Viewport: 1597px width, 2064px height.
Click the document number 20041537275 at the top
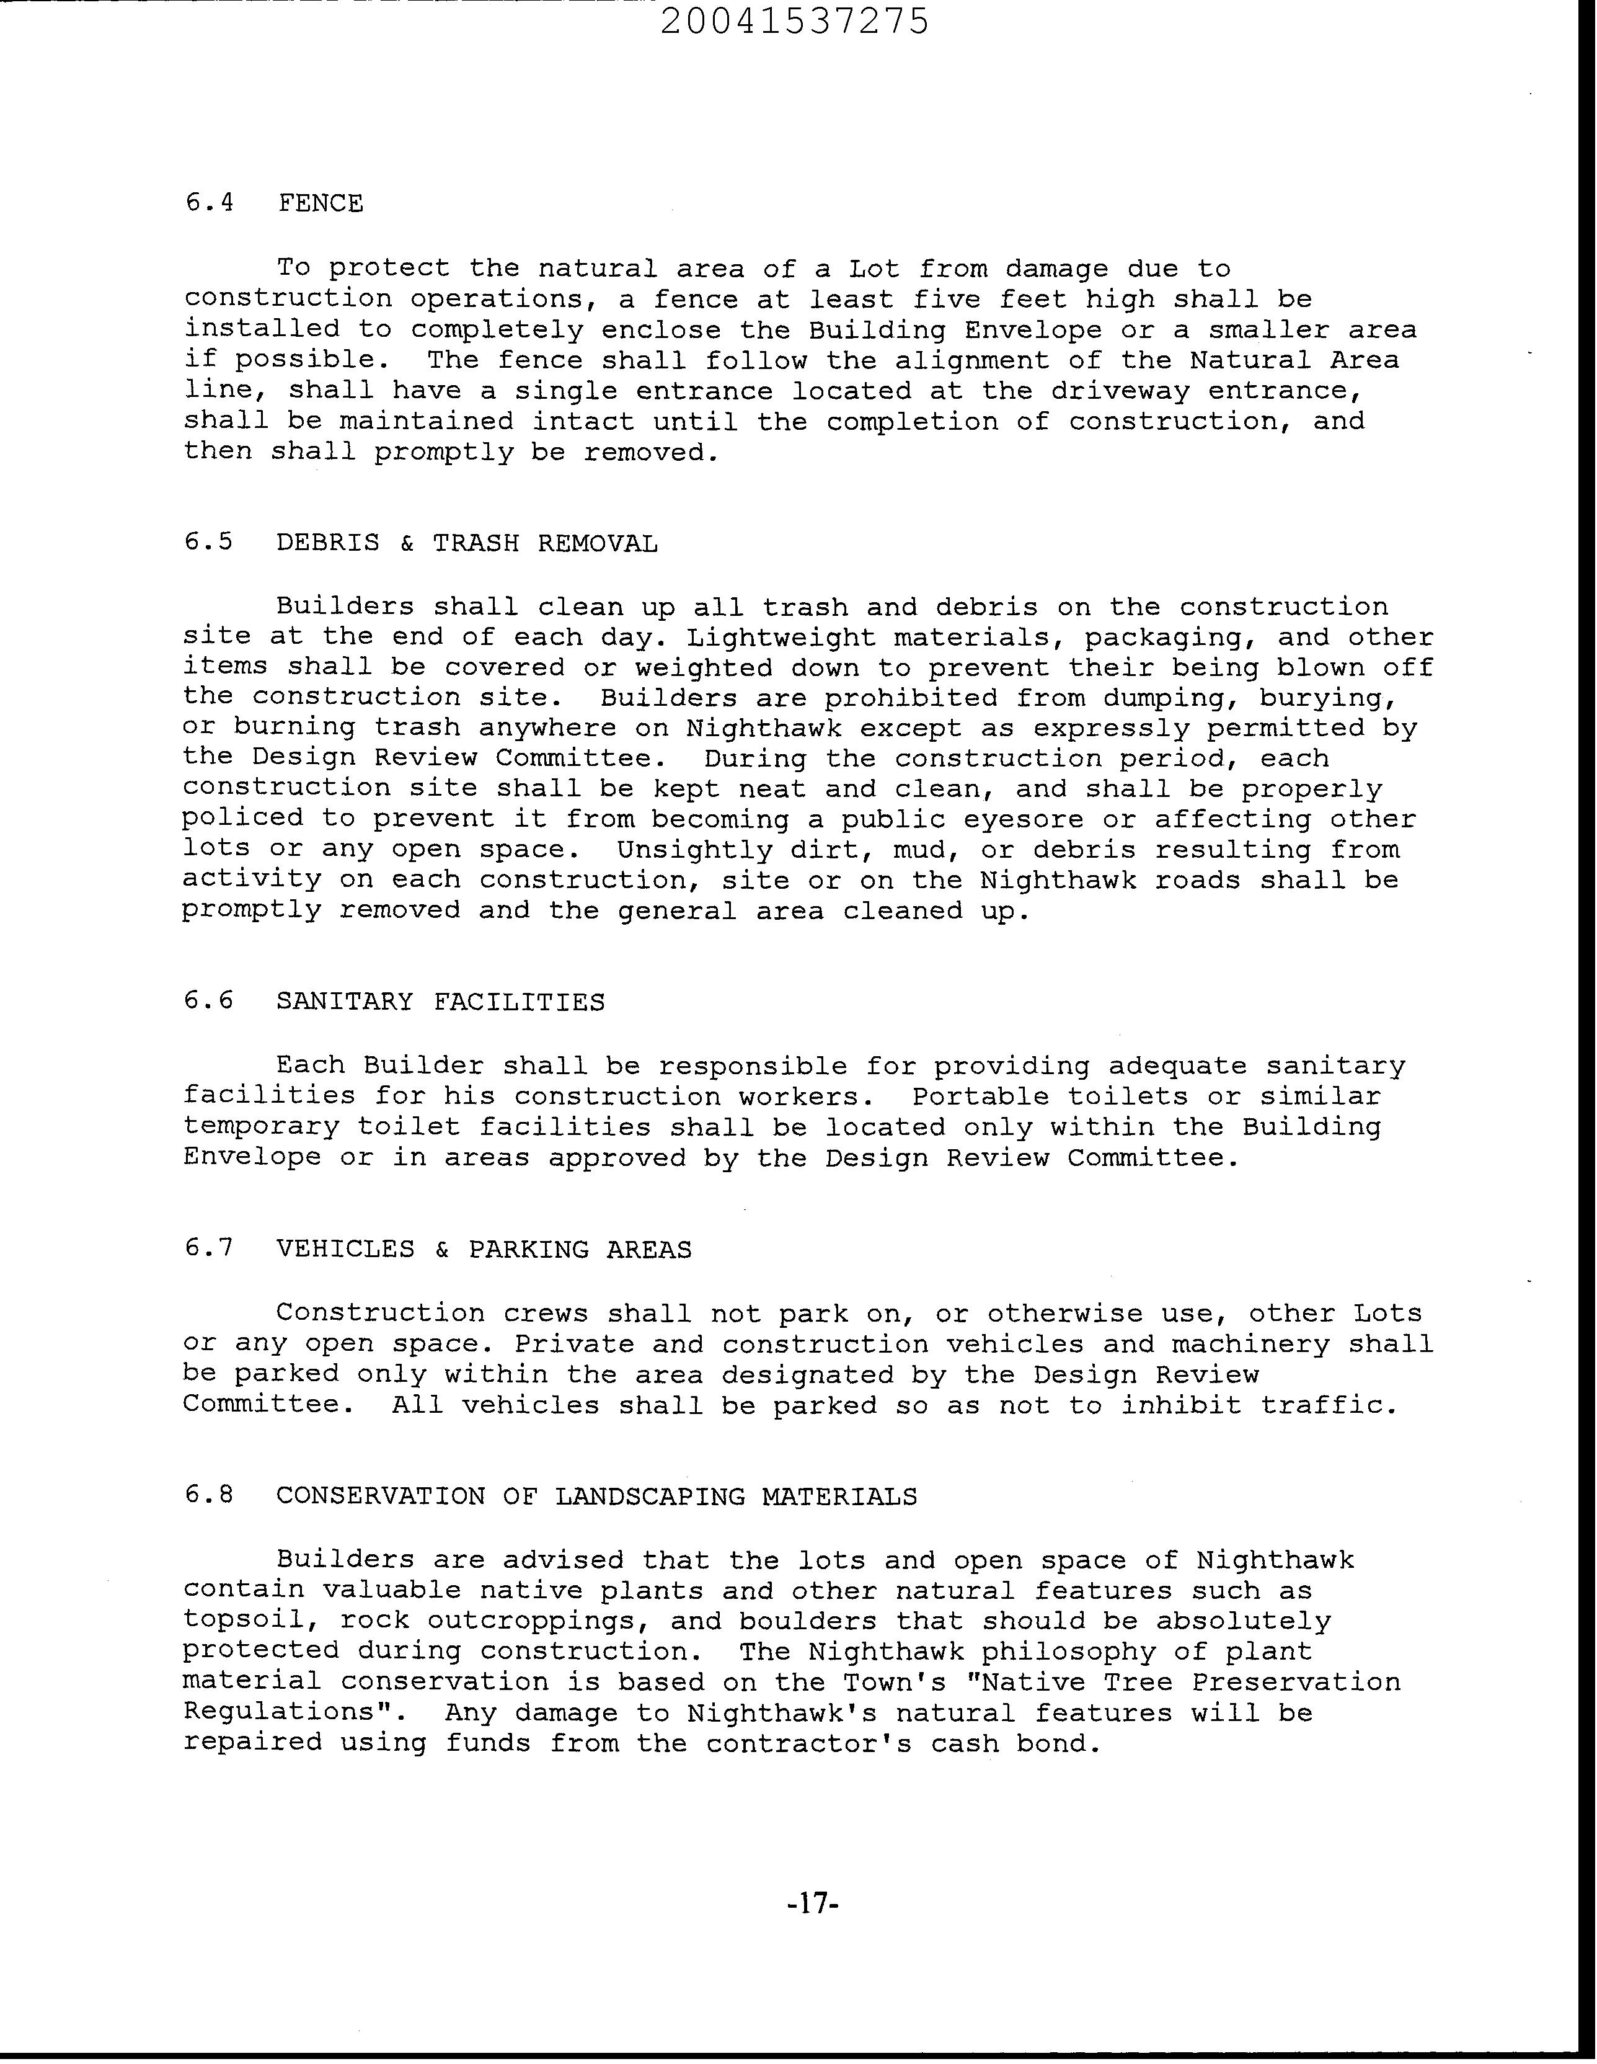(x=795, y=21)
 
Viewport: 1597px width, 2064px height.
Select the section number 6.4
(x=209, y=203)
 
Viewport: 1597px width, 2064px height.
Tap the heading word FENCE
(x=321, y=203)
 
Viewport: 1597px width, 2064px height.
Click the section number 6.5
(x=209, y=543)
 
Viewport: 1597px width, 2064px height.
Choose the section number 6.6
(x=209, y=1001)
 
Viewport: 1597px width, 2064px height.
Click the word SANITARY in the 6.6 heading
(x=345, y=1001)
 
